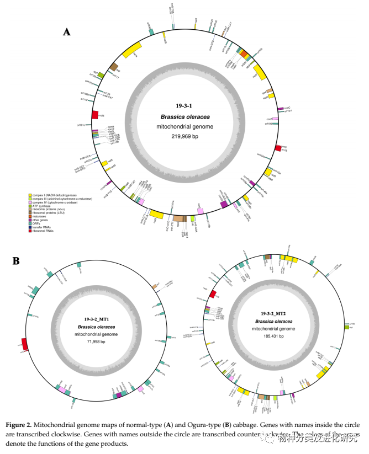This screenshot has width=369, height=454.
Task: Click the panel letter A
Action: click(x=67, y=33)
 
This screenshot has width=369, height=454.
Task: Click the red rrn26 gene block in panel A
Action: click(x=95, y=115)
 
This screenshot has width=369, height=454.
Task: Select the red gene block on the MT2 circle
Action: click(x=212, y=295)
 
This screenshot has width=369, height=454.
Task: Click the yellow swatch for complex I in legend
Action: click(x=30, y=195)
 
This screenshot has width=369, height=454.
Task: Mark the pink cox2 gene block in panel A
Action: click(x=275, y=119)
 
